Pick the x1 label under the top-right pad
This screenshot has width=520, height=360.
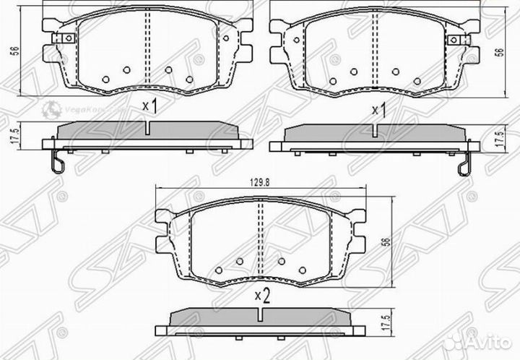pos(378,110)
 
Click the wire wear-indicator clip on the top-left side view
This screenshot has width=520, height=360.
pos(58,163)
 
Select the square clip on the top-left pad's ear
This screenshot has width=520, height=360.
pos(68,38)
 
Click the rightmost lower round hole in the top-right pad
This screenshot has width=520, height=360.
pos(417,81)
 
